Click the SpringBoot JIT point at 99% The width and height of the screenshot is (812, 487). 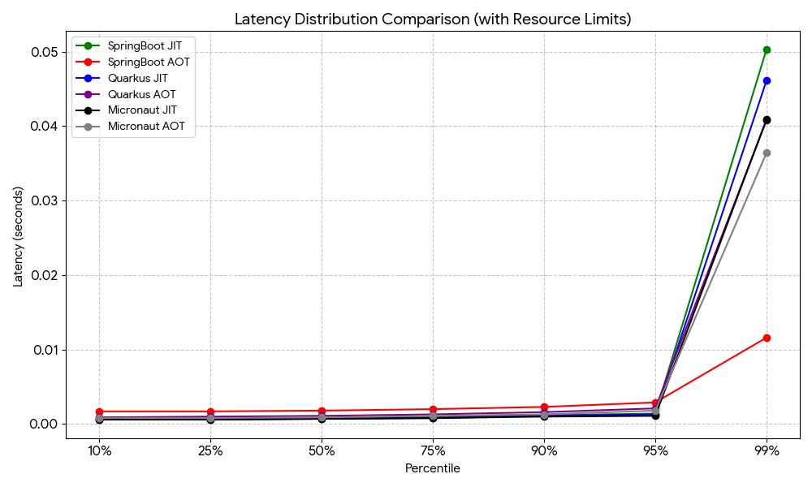click(767, 50)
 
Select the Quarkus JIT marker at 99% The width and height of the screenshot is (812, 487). click(767, 80)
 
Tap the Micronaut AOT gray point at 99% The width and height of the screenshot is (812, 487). click(767, 153)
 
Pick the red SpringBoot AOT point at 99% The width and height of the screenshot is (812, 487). click(767, 338)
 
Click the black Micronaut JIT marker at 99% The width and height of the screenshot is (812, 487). click(767, 120)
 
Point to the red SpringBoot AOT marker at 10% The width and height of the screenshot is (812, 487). click(99, 412)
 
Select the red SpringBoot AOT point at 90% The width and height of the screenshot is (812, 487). click(544, 407)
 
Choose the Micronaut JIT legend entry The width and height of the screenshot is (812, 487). click(142, 110)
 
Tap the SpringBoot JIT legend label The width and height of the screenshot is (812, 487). click(145, 45)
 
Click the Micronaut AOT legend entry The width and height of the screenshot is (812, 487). click(146, 127)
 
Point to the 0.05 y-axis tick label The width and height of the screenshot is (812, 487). click(45, 52)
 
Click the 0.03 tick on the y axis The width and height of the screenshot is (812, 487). click(45, 200)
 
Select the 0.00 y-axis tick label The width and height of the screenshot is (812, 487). click(45, 424)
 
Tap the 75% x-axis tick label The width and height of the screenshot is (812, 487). click(433, 450)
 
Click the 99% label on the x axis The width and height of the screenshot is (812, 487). click(767, 450)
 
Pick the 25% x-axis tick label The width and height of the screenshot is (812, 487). click(210, 450)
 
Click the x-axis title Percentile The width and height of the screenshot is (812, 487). click(433, 469)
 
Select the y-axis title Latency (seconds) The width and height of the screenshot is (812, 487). click(18, 236)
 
